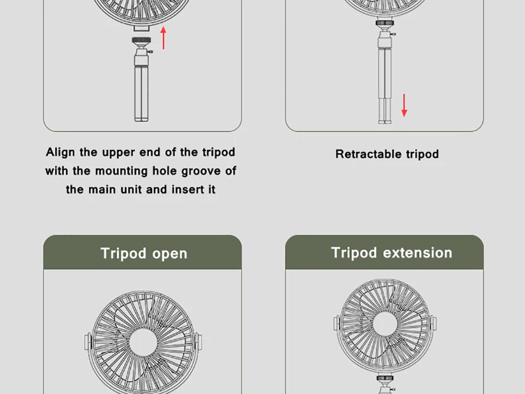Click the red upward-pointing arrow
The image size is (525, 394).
(164, 38)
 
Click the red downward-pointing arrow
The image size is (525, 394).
(404, 105)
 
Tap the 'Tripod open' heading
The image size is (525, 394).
(144, 253)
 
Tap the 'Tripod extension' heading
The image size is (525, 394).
(392, 253)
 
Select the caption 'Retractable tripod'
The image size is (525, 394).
(387, 154)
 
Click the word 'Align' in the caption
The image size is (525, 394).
(60, 153)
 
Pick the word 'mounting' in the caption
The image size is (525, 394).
(121, 171)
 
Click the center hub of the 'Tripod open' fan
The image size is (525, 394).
(143, 342)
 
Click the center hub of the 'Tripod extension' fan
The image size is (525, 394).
(385, 323)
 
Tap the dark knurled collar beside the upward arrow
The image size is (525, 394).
(141, 40)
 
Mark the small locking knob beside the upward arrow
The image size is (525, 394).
(150, 51)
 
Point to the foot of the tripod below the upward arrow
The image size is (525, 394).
(141, 119)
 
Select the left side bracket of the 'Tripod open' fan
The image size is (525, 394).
(87, 341)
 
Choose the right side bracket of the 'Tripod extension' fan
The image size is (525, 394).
(433, 323)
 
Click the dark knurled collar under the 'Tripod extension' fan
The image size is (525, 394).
(385, 378)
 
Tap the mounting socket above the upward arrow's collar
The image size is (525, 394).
(141, 28)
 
